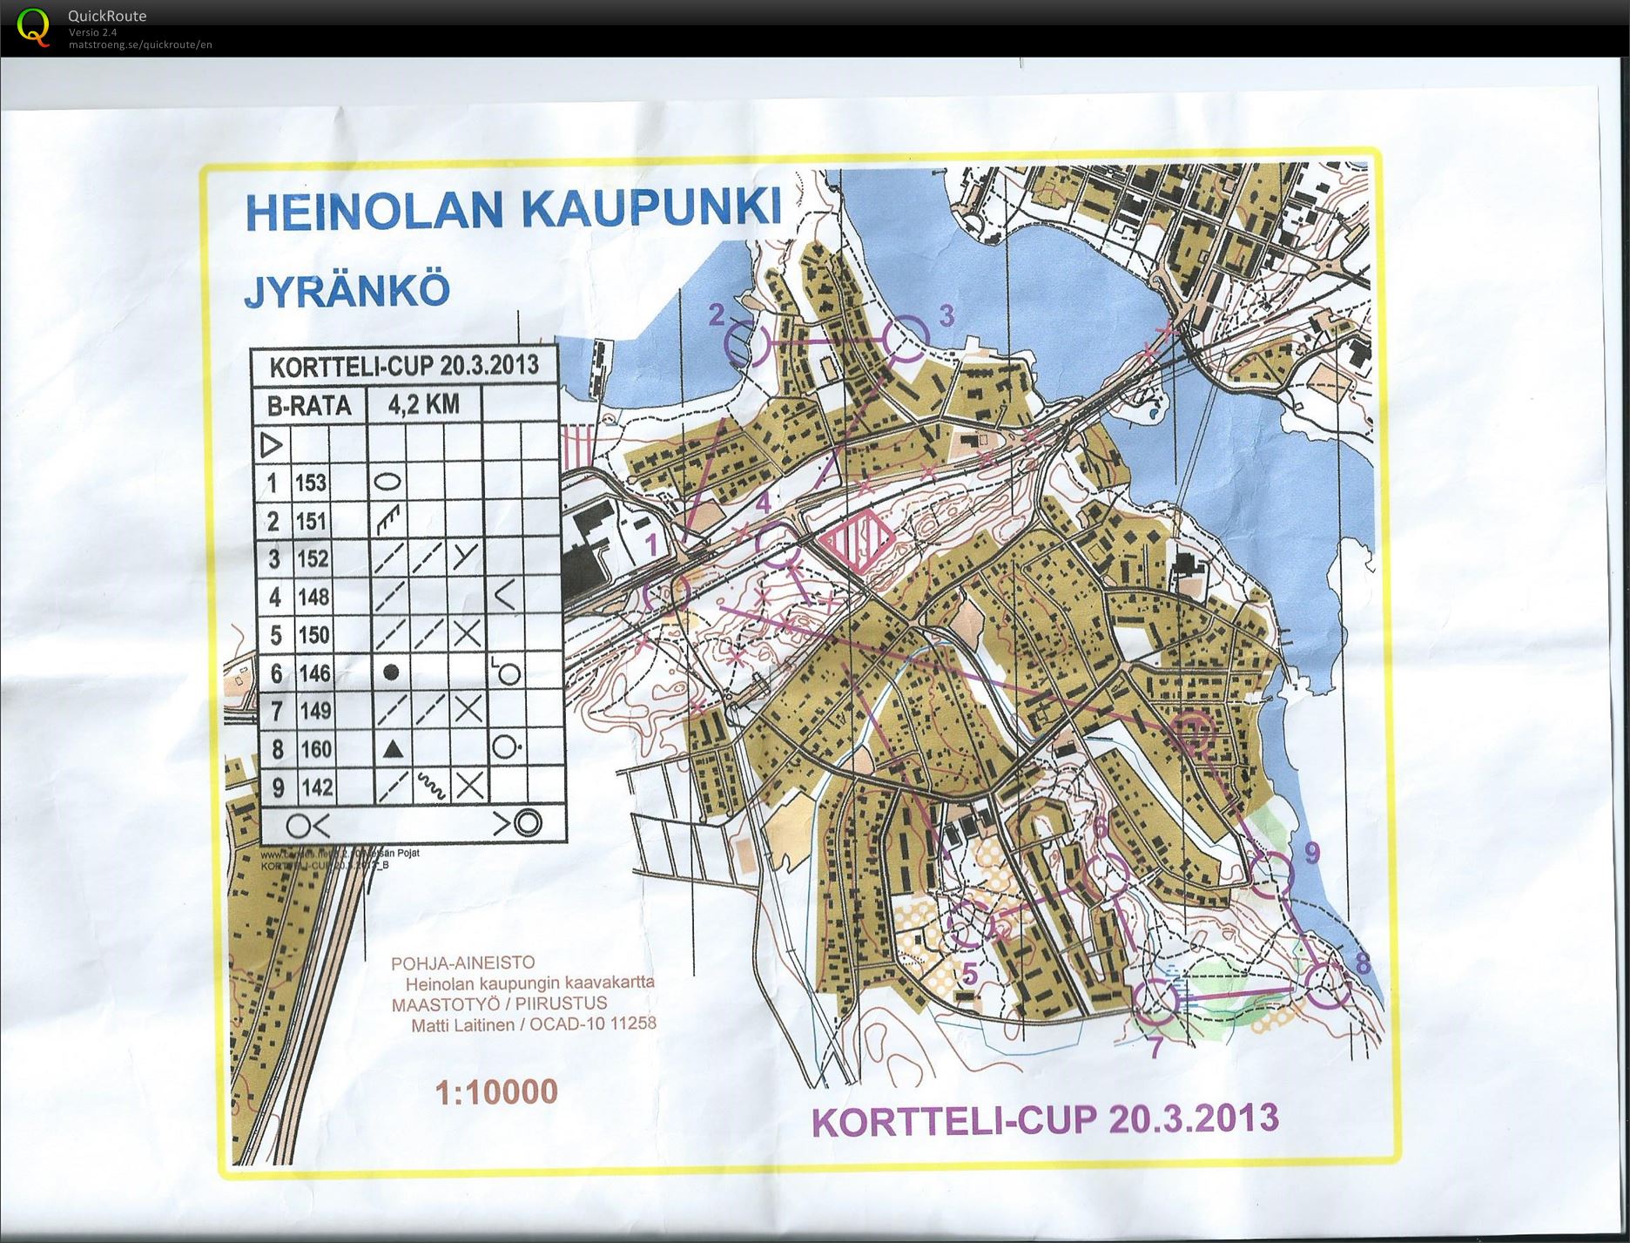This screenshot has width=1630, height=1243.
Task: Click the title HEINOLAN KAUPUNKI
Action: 513,210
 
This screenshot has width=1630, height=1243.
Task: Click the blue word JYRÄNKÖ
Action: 347,291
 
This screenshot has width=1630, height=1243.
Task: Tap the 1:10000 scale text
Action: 496,1091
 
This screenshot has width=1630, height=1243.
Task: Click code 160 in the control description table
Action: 314,749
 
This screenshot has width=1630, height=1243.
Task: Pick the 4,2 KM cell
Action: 423,404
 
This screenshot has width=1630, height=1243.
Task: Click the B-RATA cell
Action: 308,405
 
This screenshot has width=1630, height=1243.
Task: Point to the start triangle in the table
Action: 272,446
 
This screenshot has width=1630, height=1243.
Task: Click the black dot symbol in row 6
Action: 392,672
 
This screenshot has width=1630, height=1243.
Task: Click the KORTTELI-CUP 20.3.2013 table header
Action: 403,366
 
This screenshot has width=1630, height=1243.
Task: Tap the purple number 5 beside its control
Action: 969,971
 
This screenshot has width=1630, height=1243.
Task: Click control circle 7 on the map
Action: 1157,1001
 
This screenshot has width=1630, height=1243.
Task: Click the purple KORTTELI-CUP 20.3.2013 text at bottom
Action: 1045,1119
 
